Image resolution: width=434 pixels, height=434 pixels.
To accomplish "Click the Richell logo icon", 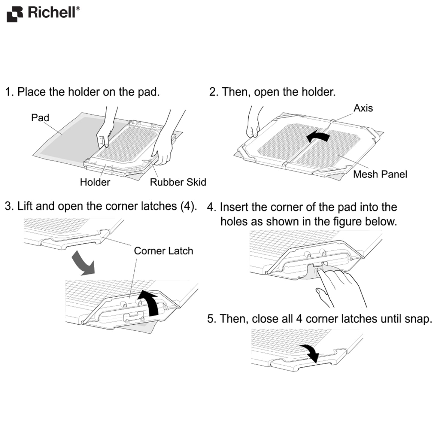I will pyautogui.click(x=15, y=14).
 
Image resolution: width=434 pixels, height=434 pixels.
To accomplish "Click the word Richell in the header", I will pyautogui.click(x=52, y=13).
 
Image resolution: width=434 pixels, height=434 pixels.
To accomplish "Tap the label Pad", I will pyautogui.click(x=40, y=118).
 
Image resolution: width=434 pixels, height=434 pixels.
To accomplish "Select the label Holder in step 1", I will pyautogui.click(x=95, y=182).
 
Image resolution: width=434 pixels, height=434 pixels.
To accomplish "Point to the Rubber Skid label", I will pyautogui.click(x=178, y=182).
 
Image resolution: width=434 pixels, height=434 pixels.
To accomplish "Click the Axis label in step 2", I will pyautogui.click(x=363, y=108).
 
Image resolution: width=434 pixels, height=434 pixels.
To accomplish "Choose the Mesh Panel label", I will pyautogui.click(x=380, y=175).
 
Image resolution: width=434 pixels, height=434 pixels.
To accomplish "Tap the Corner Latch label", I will pyautogui.click(x=163, y=251).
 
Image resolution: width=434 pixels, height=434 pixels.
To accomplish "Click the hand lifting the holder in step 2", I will pyautogui.click(x=253, y=126).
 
